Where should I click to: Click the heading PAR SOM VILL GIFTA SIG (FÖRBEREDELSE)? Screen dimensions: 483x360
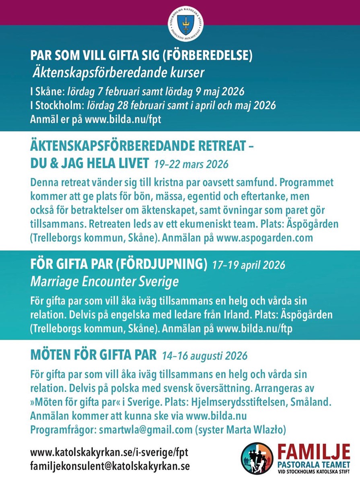pyautogui.click(x=142, y=56)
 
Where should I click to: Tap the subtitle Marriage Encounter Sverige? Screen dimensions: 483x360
pyautogui.click(x=104, y=282)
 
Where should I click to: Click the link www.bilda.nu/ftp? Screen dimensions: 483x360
pyautogui.click(x=255, y=328)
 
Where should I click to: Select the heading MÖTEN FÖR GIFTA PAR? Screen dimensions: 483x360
pyautogui.click(x=93, y=355)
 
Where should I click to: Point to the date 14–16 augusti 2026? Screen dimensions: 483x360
pyautogui.click(x=205, y=356)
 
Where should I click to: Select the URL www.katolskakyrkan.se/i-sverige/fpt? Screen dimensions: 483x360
pyautogui.click(x=109, y=452)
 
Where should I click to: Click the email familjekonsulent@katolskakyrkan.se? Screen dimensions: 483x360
pyautogui.click(x=110, y=466)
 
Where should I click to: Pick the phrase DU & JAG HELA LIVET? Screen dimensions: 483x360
pyautogui.click(x=90, y=163)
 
